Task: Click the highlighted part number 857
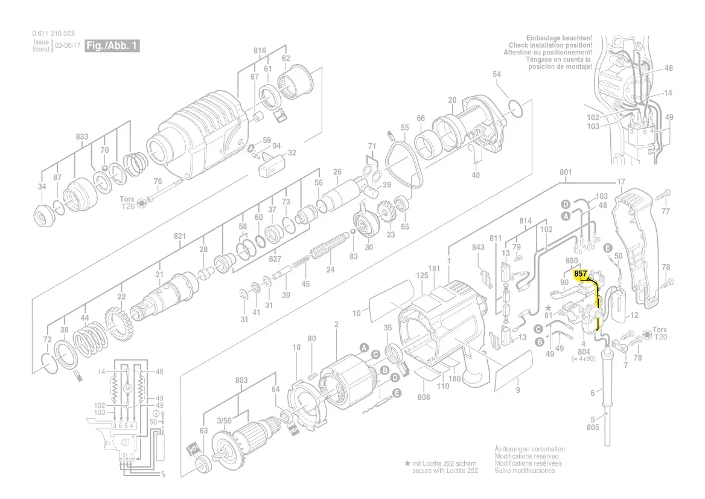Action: (x=581, y=274)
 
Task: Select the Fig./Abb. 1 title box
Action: (x=112, y=45)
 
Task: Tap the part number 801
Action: (x=566, y=172)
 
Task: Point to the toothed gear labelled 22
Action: (x=116, y=323)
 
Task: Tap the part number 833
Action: (x=82, y=137)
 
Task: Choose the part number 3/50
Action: (x=224, y=421)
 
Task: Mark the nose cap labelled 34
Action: (x=45, y=218)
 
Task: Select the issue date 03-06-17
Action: (x=68, y=46)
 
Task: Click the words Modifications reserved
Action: (x=526, y=456)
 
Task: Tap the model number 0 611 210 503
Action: (x=53, y=33)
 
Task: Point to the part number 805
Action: (x=593, y=427)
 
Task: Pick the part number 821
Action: (x=180, y=236)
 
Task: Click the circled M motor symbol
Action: (x=128, y=388)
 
